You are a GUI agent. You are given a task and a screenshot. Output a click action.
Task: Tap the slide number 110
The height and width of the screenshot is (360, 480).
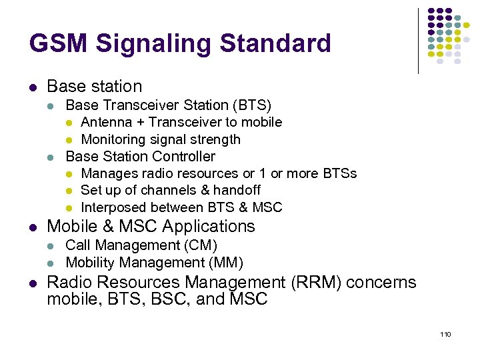[x=445, y=333]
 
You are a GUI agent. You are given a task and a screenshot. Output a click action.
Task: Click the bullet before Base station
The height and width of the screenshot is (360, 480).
[x=33, y=87]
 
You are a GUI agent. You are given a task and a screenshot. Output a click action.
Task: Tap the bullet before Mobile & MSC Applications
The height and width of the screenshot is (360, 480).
[x=33, y=227]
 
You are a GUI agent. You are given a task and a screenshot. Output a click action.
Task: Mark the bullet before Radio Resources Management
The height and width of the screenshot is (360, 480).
[x=33, y=283]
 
